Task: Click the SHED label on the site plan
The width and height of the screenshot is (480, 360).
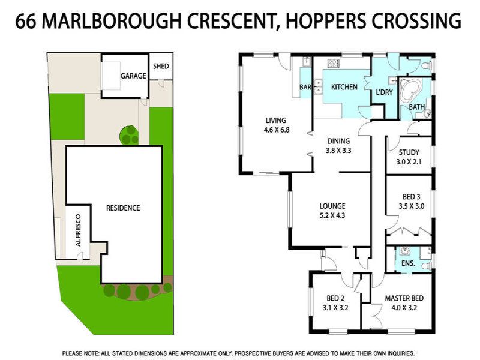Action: coord(161,66)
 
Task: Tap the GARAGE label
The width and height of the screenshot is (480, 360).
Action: coord(133,76)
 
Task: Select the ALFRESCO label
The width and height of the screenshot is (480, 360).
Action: coord(78,230)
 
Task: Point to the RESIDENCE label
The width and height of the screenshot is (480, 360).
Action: coord(123,208)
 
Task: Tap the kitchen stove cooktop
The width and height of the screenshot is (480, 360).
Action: coord(334,64)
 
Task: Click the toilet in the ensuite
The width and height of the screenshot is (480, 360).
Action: coord(428,265)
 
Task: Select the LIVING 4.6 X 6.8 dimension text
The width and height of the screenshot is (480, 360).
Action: coord(277,130)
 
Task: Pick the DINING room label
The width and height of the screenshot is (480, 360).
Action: coord(338,141)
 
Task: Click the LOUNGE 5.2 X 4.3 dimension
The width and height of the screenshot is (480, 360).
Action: coord(332,215)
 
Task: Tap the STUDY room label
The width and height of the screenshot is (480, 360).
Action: coord(409,152)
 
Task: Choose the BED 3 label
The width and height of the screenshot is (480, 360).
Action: coord(412,197)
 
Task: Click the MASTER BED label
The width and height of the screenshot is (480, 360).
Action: coord(404,298)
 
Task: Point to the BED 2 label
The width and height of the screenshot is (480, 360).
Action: coord(335,298)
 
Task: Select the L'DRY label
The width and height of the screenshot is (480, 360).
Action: coord(384,92)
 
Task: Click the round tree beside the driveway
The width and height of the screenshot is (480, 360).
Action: coord(129,135)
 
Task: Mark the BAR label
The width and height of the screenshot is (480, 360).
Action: coord(305,87)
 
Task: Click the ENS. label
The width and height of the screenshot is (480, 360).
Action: coord(408,263)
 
